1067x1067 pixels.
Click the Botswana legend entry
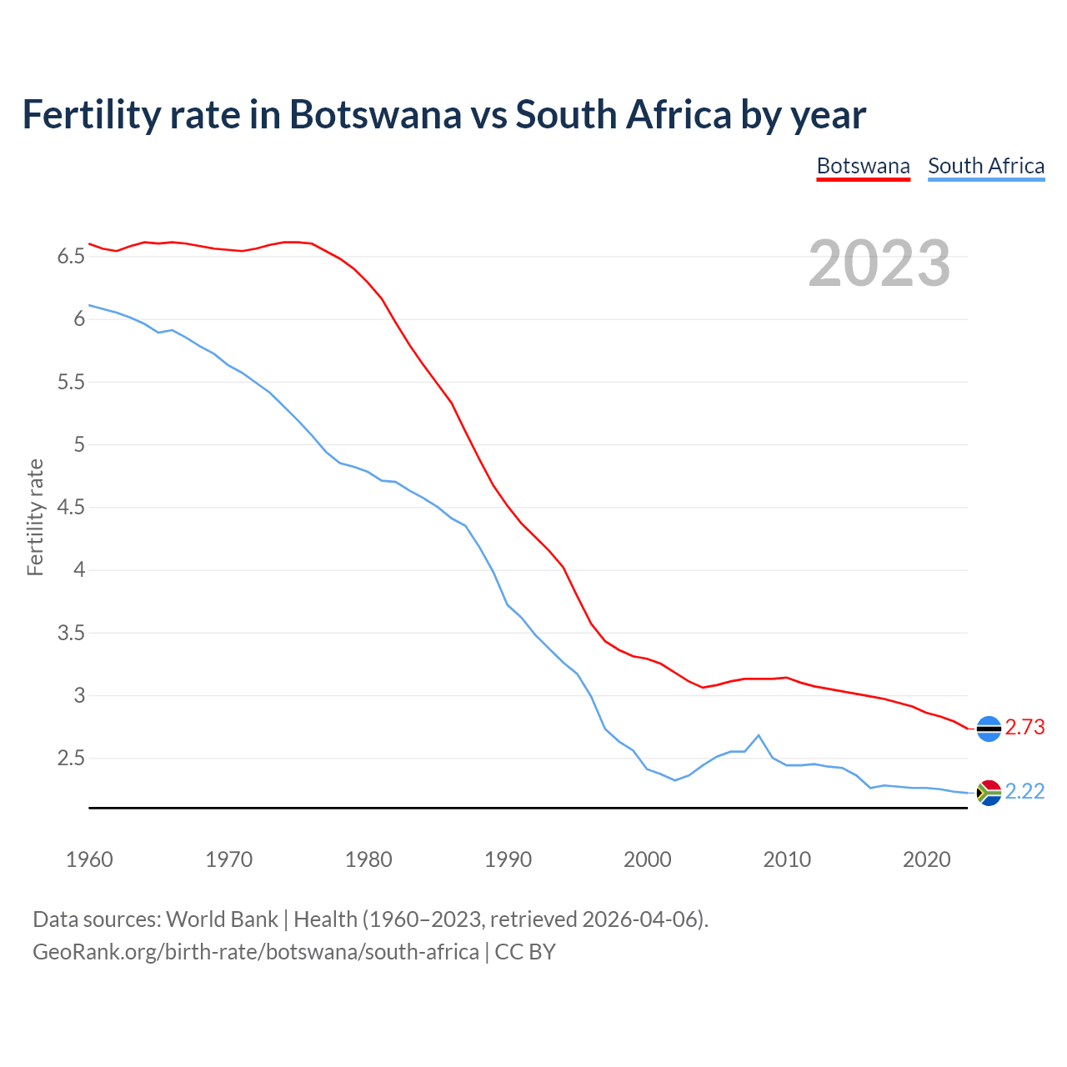click(863, 166)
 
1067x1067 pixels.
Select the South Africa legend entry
click(986, 166)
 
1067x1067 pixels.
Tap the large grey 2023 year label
click(879, 263)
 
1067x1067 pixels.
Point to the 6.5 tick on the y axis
click(71, 257)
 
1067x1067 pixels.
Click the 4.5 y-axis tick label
click(71, 508)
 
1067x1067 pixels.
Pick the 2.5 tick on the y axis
click(71, 759)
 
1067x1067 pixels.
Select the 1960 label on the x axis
click(89, 859)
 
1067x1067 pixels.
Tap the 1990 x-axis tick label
click(508, 859)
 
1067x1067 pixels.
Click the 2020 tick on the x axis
click(926, 859)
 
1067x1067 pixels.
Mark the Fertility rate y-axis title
click(35, 517)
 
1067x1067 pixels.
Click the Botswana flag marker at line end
click(989, 729)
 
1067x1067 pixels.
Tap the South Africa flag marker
click(989, 793)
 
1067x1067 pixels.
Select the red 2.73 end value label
click(1024, 728)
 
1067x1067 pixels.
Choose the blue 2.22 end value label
click(1024, 792)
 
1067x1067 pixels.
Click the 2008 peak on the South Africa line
click(759, 735)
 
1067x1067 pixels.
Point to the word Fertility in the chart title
click(90, 114)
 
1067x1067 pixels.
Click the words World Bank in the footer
click(222, 919)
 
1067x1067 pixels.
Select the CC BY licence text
click(525, 952)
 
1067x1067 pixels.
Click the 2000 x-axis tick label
click(648, 859)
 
